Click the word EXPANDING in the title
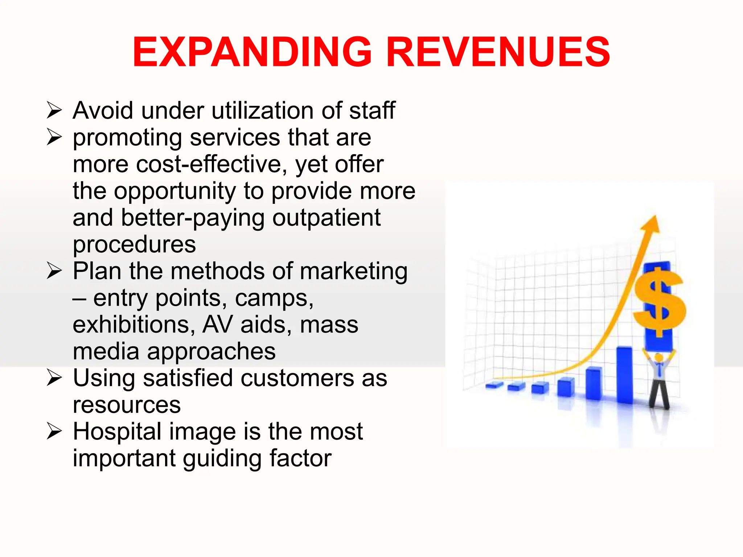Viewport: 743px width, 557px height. point(253,52)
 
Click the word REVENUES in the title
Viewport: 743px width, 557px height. point(498,52)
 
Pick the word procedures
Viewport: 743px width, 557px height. point(134,245)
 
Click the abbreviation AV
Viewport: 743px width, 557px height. point(217,325)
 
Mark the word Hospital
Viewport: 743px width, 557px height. point(117,432)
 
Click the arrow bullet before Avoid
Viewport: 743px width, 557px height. point(54,110)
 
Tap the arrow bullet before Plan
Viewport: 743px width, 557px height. point(54,271)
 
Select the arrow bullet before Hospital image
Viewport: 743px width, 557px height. point(54,432)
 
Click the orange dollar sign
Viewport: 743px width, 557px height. point(659,301)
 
